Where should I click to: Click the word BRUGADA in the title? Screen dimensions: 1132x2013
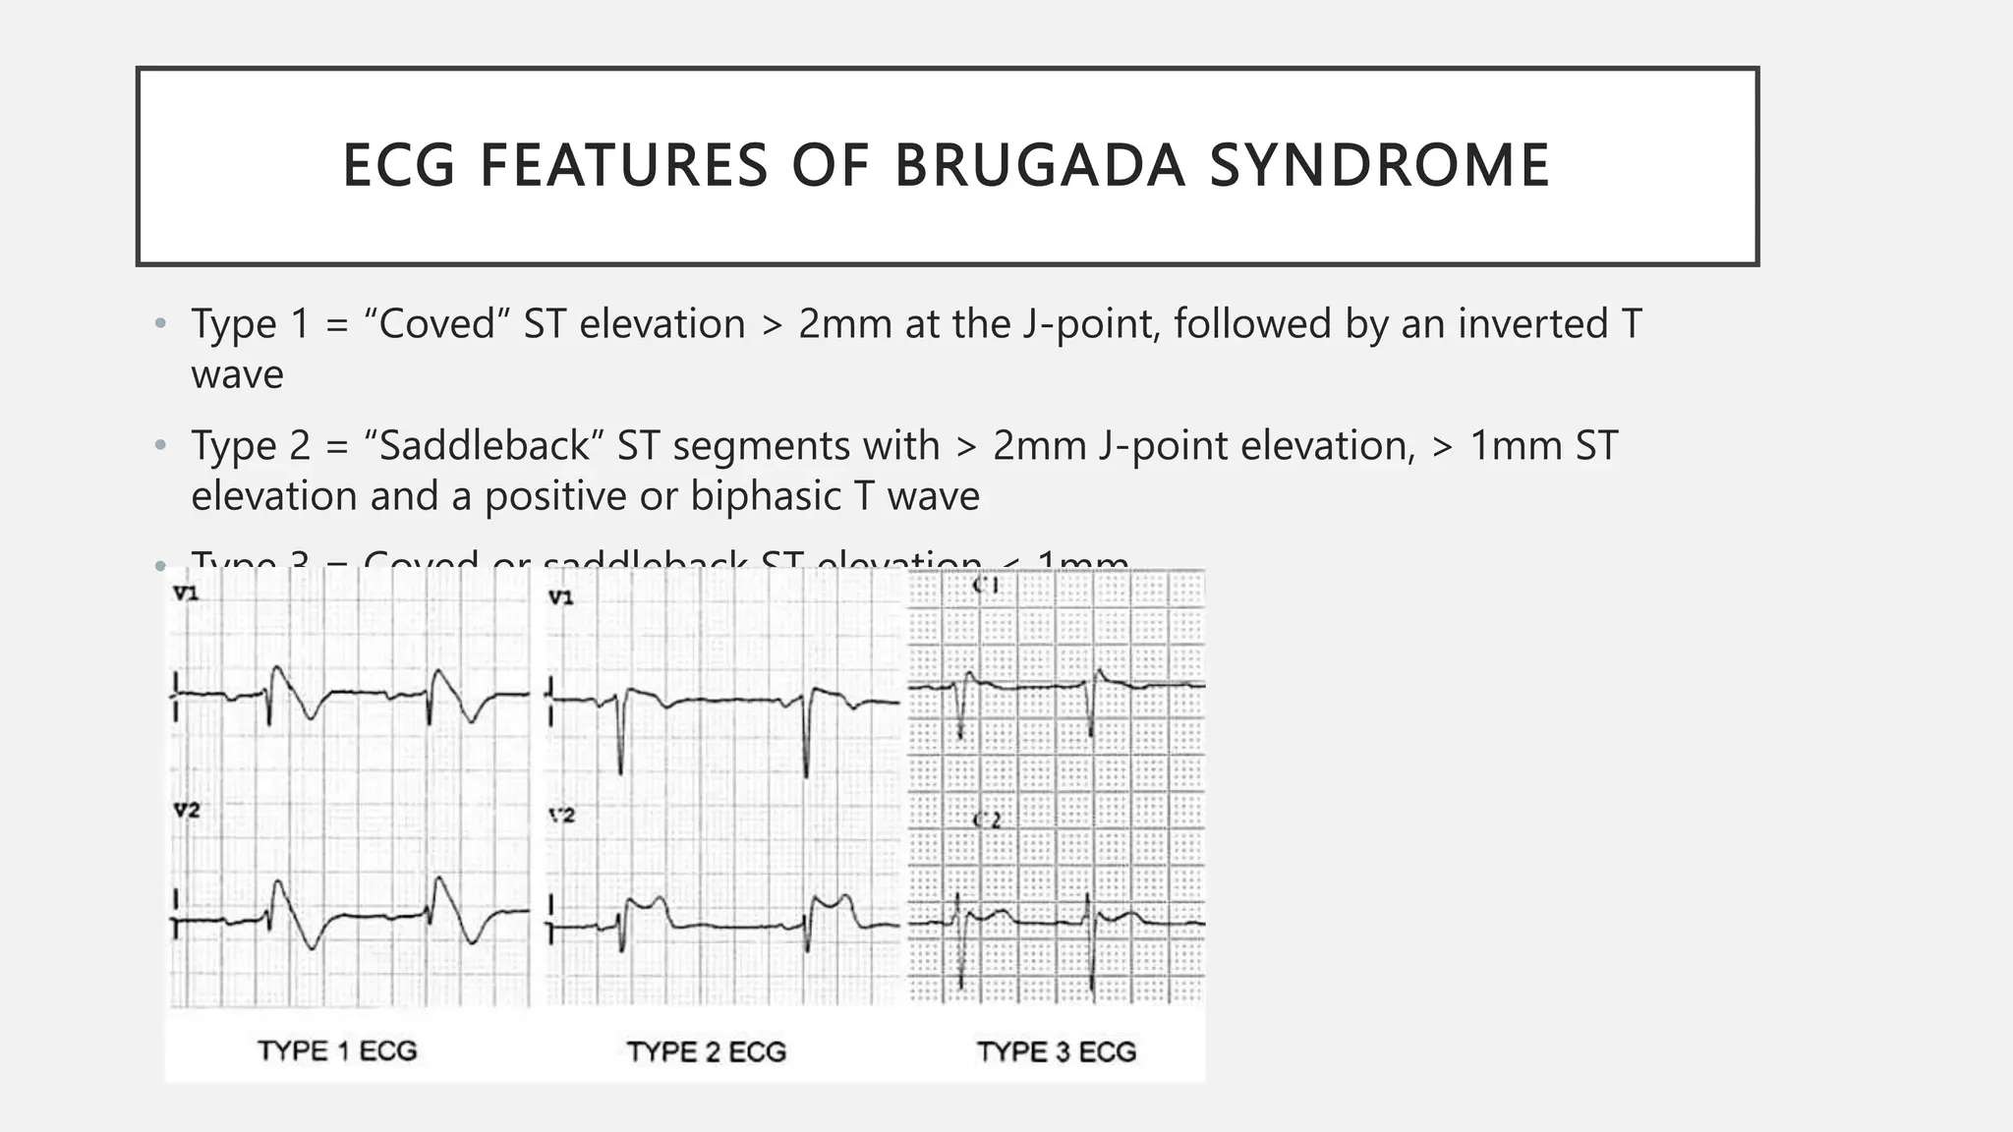click(x=1040, y=165)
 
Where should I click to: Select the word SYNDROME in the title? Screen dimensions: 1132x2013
click(x=1379, y=165)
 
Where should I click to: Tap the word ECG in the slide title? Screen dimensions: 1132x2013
click(x=399, y=165)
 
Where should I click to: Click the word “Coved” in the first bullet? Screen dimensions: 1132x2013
click(x=435, y=324)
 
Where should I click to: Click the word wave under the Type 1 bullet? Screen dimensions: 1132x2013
click(x=237, y=375)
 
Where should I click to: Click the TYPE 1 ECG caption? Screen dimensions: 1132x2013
click(x=337, y=1051)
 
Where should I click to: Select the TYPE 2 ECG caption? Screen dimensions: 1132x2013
click(x=707, y=1052)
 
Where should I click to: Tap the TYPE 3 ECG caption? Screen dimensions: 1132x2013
click(x=1057, y=1052)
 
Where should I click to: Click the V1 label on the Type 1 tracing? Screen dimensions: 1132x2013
click(x=186, y=594)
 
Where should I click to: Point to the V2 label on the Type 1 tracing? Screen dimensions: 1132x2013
click(x=186, y=811)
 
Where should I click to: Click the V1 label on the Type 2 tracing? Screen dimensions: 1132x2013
click(x=560, y=597)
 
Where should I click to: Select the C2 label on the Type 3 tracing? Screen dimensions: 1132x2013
click(x=986, y=820)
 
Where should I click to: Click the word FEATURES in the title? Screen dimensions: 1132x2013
click(x=623, y=165)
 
